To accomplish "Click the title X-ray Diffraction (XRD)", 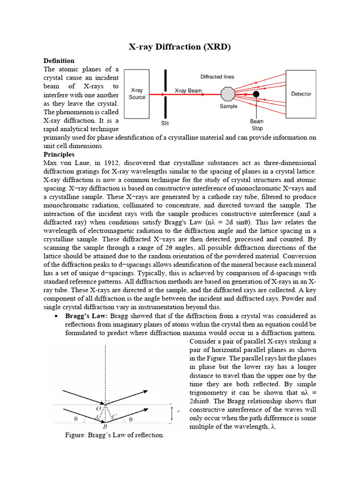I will click(180, 47).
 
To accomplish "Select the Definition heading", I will click(59, 61).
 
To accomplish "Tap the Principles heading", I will click(59, 154).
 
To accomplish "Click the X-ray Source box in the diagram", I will click(137, 93).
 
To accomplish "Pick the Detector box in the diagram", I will click(301, 94).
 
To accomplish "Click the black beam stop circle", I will click(256, 94).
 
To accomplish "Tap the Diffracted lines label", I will click(217, 77).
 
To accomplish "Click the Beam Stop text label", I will click(257, 125).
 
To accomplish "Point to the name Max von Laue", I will click(62, 163).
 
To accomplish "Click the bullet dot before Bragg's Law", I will click(56, 316).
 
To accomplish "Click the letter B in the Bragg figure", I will click(105, 427).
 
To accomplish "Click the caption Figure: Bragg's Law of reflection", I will click(115, 435).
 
